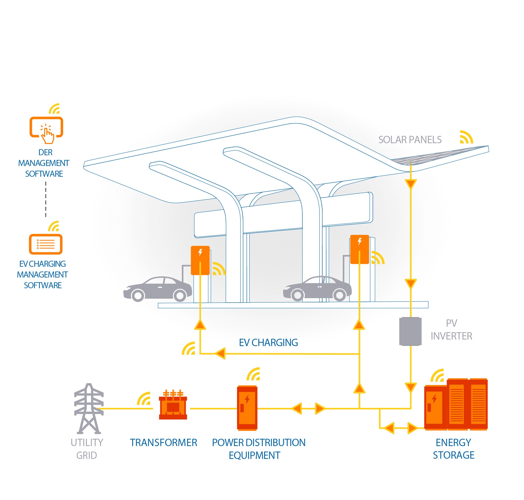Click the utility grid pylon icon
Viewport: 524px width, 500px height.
tap(89, 408)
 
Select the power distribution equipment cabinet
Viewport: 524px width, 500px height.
tap(247, 408)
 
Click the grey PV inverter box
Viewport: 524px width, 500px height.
tap(410, 331)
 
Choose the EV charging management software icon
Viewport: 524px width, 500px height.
tap(46, 244)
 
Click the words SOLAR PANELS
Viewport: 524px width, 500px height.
tap(410, 140)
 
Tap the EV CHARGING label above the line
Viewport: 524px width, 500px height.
tap(268, 342)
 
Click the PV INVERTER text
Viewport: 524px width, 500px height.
tap(451, 329)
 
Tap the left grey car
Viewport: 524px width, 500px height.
tap(157, 289)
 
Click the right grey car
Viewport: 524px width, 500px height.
tap(317, 289)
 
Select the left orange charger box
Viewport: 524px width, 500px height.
tap(200, 260)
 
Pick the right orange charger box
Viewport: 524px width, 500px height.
tap(359, 249)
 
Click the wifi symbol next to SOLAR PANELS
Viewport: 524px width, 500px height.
tap(466, 137)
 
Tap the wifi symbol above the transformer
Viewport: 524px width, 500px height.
tap(144, 398)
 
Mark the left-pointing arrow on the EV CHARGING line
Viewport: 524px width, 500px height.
tap(220, 353)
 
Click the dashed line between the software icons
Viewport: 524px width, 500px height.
tap(46, 199)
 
